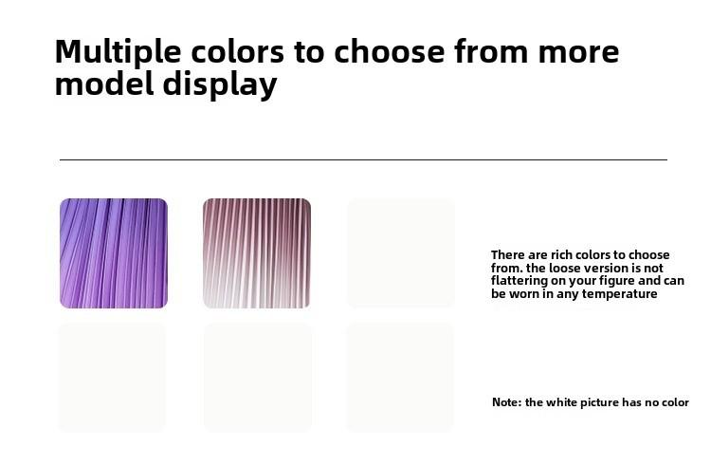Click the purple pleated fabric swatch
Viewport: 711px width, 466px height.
click(114, 253)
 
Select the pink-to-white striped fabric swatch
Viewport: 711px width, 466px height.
click(257, 253)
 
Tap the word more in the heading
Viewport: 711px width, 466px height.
click(578, 52)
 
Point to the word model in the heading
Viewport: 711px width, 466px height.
click(104, 84)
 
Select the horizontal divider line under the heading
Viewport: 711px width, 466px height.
click(363, 159)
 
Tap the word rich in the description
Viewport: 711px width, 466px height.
click(561, 254)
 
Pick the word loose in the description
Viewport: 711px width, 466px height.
click(563, 268)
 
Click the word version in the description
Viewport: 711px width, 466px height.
click(602, 268)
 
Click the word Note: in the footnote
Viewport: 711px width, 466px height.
click(507, 402)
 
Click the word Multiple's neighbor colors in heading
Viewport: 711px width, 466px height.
click(237, 52)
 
